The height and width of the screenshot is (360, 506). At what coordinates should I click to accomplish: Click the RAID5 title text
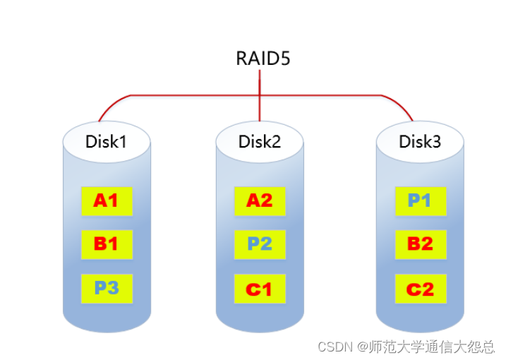263,58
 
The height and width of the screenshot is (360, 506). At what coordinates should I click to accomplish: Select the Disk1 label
106,141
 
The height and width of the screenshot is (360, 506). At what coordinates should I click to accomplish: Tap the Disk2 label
259,141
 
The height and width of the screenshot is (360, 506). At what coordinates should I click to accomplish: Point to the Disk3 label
420,141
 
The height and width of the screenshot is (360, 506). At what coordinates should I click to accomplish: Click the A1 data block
106,201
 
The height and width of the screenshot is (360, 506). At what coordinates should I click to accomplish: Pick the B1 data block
106,244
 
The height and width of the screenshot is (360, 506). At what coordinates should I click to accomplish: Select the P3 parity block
106,288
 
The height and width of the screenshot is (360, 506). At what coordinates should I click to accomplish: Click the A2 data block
259,201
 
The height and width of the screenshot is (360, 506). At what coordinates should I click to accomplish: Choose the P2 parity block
259,244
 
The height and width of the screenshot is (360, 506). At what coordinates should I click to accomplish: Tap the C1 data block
259,288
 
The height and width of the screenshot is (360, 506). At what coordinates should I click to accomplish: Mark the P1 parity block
420,201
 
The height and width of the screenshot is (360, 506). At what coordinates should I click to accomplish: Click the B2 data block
420,244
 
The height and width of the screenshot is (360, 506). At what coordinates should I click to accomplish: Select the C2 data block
420,288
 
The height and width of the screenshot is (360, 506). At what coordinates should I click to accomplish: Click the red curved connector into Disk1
109,106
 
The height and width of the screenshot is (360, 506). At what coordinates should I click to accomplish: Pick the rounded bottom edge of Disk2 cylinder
259,328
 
